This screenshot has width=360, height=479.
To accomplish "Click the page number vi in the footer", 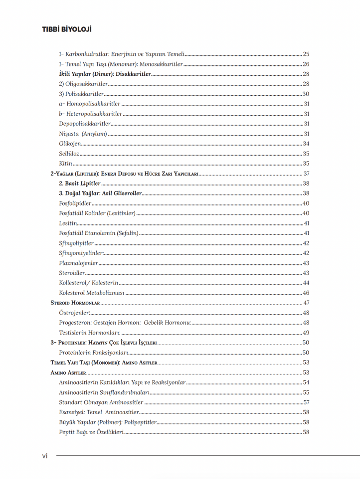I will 45,456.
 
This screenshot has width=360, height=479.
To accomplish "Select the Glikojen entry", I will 70,144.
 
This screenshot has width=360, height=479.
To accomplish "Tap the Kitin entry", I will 65,164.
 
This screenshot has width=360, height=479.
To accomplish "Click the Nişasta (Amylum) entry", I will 83,134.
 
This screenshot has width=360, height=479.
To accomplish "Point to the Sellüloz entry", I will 69,154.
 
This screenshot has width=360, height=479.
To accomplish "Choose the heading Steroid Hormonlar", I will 75,303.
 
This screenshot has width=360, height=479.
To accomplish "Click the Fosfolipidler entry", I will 75,204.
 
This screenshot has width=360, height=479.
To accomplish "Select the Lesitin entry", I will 68,224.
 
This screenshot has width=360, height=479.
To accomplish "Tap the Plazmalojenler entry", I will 78,263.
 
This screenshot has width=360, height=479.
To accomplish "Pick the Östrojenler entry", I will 74,313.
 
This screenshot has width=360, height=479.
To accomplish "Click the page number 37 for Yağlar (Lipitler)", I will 306,174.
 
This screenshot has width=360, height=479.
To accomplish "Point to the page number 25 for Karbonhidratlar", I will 306,54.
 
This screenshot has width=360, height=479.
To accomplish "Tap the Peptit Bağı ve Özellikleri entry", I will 91,432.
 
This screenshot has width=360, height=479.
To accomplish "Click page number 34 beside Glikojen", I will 306,144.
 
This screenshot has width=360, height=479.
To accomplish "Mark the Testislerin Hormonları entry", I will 89,333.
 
